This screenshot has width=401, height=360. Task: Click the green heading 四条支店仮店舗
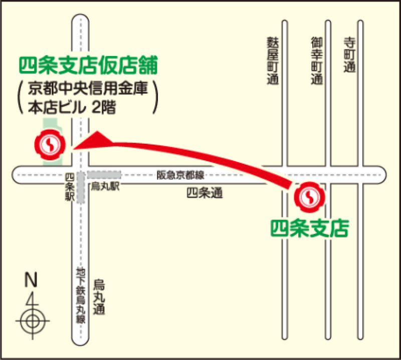click(x=88, y=65)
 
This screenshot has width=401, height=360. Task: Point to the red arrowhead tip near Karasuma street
click(x=75, y=147)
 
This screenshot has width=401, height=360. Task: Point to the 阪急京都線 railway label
click(x=180, y=175)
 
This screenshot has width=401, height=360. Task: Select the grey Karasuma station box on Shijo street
click(x=104, y=175)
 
